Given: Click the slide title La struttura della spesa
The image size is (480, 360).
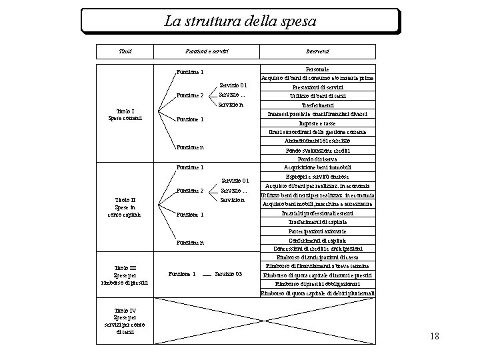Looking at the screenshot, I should (x=240, y=21).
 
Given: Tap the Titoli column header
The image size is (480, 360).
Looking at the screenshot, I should (x=125, y=51).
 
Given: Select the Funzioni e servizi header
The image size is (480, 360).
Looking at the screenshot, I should (x=207, y=51).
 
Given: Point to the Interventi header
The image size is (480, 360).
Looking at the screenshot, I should (x=317, y=51).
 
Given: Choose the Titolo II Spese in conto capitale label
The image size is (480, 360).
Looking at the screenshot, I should (x=125, y=207).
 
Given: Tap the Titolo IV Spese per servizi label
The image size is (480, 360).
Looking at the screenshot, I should (x=125, y=321).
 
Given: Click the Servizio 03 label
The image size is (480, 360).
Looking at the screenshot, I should (x=229, y=274).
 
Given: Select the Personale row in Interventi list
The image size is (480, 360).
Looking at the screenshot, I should (x=317, y=69).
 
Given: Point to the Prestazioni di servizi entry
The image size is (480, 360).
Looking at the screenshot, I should (x=317, y=87).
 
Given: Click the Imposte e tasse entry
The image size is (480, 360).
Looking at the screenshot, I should (x=317, y=123).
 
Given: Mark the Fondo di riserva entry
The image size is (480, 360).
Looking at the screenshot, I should (x=317, y=159).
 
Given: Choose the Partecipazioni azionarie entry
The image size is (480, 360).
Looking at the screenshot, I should (x=317, y=231).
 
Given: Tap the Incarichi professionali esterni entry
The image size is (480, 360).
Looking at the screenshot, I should (x=317, y=213).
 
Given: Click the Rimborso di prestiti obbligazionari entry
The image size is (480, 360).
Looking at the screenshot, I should (x=317, y=284).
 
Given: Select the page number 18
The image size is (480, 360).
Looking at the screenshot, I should (x=435, y=336).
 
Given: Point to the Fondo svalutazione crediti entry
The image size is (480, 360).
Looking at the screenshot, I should (x=317, y=150).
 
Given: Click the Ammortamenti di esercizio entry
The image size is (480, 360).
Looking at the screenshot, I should (x=317, y=141).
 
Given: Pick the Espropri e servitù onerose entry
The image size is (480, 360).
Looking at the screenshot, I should (x=317, y=177).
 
